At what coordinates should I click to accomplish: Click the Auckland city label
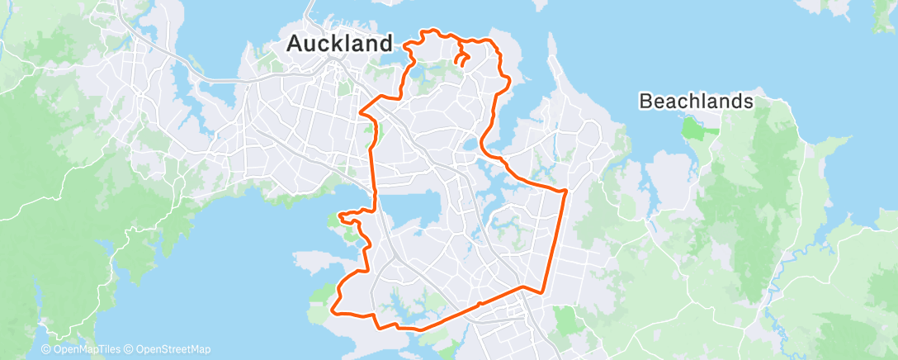pos(338,44)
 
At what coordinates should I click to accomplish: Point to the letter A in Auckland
pos(295,44)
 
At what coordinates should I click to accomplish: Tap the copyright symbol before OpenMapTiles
pos(46,350)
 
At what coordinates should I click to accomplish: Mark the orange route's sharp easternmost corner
pos(567,192)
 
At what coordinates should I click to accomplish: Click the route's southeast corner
pos(541,291)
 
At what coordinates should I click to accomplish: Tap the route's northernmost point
pos(428,31)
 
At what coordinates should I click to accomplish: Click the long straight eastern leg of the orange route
pos(555,239)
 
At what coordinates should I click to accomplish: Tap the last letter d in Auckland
pos(385,44)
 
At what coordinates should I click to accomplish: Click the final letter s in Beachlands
pos(749,102)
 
